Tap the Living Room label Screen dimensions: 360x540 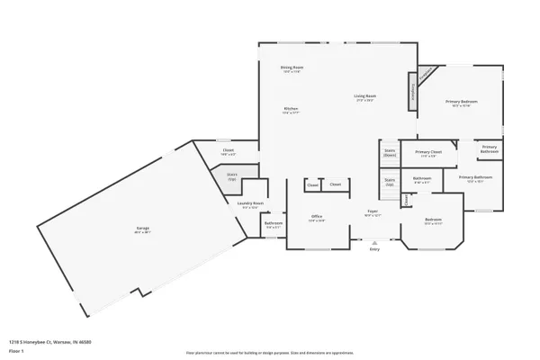[364, 96]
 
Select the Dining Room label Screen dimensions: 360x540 [291, 67]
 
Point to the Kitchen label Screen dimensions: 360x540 [291, 109]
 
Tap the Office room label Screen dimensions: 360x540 [317, 216]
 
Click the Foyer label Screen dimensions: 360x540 [372, 212]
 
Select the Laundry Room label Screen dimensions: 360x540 [250, 203]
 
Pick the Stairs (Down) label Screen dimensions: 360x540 [390, 153]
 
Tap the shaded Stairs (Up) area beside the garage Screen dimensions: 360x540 [231, 176]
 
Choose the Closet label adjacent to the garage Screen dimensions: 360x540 [228, 152]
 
